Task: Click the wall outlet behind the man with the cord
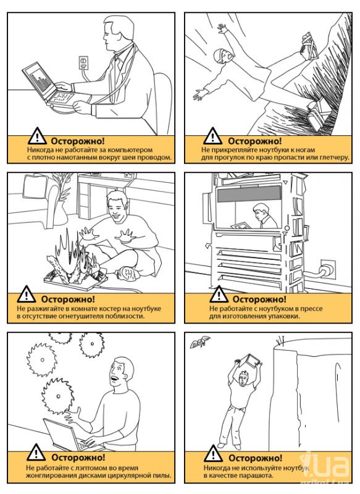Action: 84,62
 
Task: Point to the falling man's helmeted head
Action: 222,56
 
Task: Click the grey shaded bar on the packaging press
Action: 249,194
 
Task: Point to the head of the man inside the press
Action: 261,212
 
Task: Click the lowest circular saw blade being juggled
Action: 57,396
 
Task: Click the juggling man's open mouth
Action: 115,378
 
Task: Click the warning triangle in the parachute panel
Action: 213,454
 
